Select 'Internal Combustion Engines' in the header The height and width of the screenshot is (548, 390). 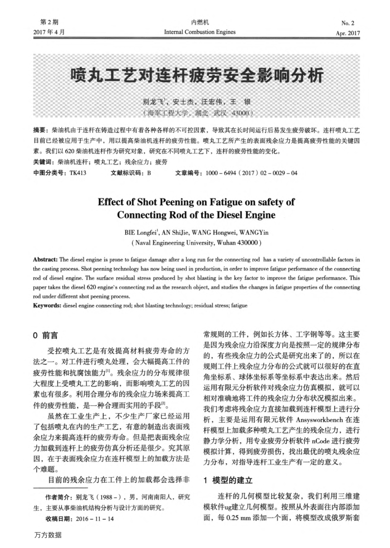(199, 32)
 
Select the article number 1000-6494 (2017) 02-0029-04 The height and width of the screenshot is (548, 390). (246, 173)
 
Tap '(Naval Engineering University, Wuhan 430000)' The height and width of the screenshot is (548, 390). (196, 245)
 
